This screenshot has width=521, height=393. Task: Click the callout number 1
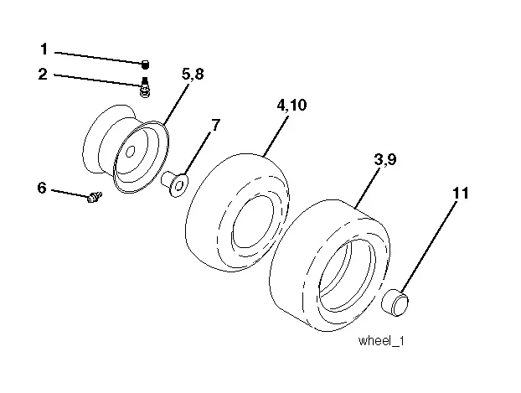(44, 49)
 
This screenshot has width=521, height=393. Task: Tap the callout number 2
(43, 74)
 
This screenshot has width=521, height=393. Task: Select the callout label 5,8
(193, 74)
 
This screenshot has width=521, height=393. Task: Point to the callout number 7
(215, 126)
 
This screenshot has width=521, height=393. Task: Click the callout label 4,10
(291, 105)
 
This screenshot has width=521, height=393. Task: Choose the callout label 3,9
(385, 159)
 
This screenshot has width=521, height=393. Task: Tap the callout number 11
(461, 194)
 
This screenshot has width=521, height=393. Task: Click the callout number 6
(42, 188)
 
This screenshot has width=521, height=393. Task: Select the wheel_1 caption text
(381, 341)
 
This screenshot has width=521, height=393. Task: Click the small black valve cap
(145, 65)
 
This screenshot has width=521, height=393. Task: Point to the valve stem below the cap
(145, 87)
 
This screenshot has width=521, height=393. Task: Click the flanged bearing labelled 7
(175, 184)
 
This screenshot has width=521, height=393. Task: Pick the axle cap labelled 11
(395, 303)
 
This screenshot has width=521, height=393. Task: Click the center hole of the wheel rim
(131, 152)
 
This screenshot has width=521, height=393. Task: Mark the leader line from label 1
(98, 58)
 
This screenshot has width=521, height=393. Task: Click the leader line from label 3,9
(368, 187)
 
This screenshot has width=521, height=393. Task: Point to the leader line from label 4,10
(276, 134)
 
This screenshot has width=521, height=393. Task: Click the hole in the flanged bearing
(179, 185)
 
